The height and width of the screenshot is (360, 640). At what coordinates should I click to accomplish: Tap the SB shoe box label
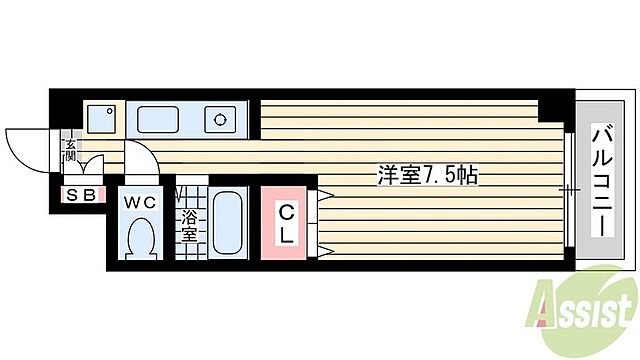(81, 195)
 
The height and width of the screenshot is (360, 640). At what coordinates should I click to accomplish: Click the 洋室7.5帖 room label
(427, 174)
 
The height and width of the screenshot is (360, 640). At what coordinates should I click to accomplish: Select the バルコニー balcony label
(604, 181)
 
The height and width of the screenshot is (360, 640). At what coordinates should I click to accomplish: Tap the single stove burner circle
(218, 120)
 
